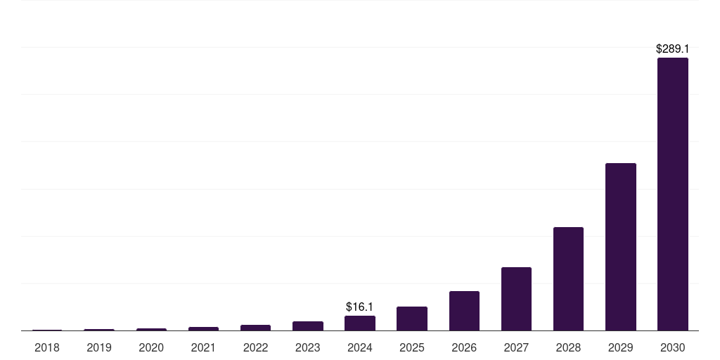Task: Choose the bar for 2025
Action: (412, 319)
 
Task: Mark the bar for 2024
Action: (360, 323)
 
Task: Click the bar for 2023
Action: (308, 326)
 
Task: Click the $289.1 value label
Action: (672, 49)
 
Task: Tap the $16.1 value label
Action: (359, 307)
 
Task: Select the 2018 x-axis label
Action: (47, 347)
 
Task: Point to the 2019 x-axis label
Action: (99, 347)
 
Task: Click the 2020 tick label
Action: (151, 347)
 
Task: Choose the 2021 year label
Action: (203, 347)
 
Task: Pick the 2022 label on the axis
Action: (255, 347)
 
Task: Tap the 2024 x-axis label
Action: (360, 347)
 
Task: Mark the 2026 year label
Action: (464, 347)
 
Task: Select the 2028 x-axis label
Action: (568, 347)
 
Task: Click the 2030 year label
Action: (672, 347)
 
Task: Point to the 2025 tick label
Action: (412, 347)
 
